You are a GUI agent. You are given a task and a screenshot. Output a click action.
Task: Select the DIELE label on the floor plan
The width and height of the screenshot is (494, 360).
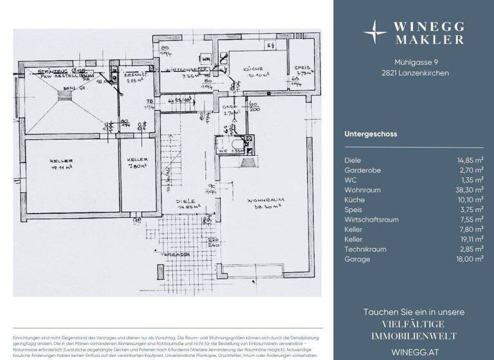point(190,201)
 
